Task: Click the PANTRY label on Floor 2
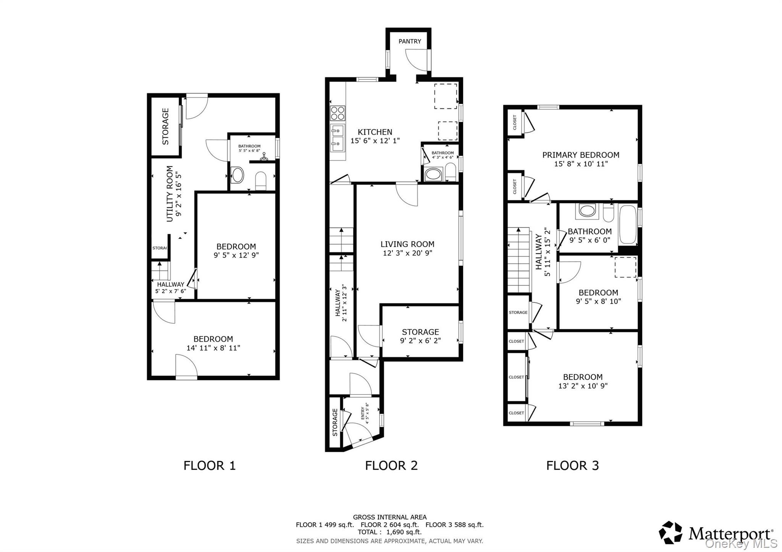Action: [410, 42]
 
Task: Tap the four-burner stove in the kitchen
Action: [338, 113]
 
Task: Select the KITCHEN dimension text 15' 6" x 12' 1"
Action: [375, 141]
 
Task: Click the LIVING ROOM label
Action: [407, 244]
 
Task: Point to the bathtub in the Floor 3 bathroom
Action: [627, 225]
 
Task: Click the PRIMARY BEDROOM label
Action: [581, 155]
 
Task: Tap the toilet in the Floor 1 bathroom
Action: [260, 180]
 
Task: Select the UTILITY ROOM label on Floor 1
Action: [170, 193]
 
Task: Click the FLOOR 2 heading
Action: [391, 465]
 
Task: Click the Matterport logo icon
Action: [671, 533]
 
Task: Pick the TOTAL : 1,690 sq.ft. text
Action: [389, 532]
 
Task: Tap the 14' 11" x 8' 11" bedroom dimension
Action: [213, 348]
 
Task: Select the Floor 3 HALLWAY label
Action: [539, 252]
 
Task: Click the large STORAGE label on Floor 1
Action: [166, 126]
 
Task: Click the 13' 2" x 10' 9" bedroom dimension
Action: [583, 386]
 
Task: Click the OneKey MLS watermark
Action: [741, 543]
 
